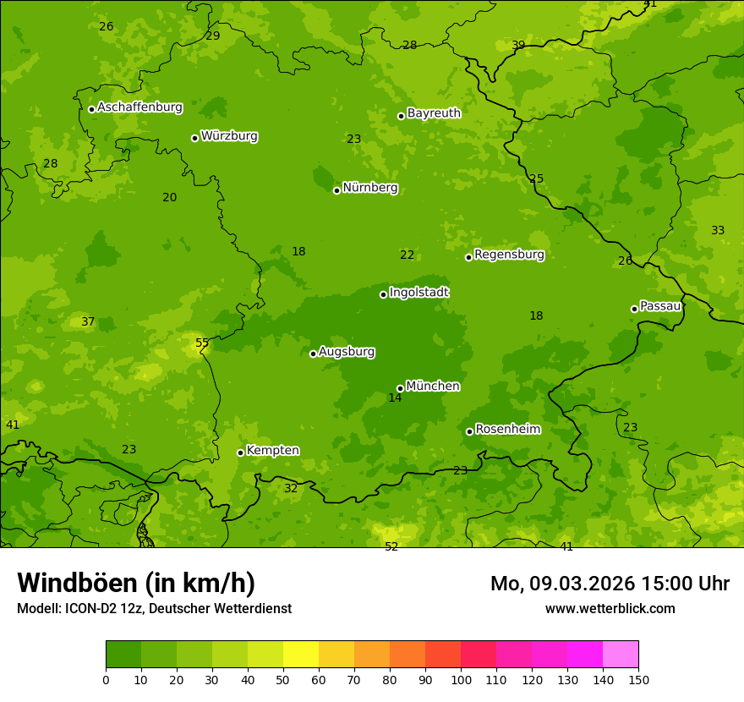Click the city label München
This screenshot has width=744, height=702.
point(432,387)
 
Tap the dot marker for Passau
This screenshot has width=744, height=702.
point(634,309)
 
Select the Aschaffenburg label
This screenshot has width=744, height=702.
point(139,107)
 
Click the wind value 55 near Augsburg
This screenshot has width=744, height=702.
point(202,343)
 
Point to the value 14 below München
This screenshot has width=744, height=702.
point(395,398)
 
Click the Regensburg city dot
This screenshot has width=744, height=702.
point(468,257)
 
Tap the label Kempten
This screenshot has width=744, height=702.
point(272,451)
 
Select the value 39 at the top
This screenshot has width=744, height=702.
point(518,45)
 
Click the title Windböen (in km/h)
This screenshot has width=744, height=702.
point(136,583)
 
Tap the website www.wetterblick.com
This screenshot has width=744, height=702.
point(610,608)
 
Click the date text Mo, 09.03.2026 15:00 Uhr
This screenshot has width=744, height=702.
point(610,584)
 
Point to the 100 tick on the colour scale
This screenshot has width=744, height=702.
point(461,679)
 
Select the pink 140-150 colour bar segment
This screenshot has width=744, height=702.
point(621,655)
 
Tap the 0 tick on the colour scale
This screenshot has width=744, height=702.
point(106,679)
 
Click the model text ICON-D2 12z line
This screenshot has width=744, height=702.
point(154,608)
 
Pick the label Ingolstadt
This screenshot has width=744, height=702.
point(418,293)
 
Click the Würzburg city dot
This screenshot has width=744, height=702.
point(194,138)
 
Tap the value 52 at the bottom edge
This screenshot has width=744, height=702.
point(391,546)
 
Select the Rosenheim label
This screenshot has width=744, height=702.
point(507,430)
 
